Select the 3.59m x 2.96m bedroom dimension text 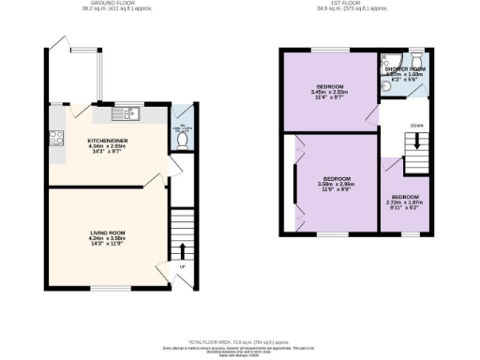pyautogui.click(x=337, y=185)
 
